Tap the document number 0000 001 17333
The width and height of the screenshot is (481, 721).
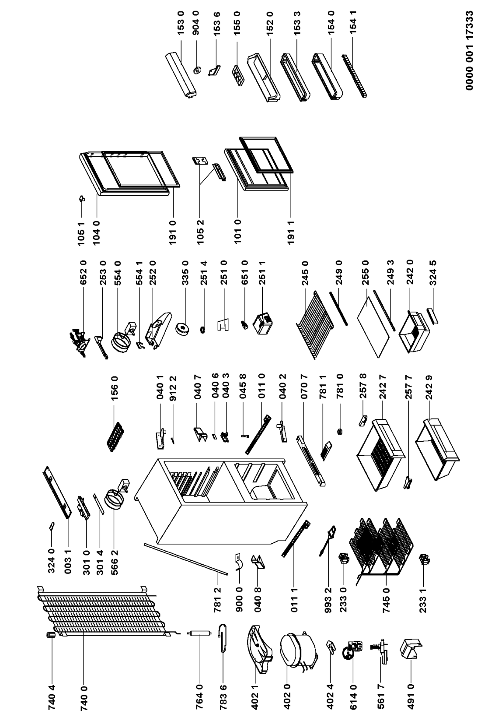[470, 51]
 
